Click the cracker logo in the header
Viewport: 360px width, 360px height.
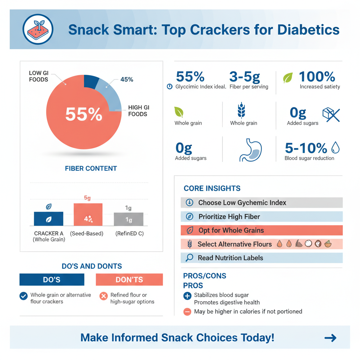click(38, 29)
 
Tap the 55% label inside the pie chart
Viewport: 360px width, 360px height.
click(84, 114)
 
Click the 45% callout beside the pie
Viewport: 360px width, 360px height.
click(127, 79)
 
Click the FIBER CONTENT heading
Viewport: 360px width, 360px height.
click(91, 168)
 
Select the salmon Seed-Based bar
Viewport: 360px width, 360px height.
click(88, 214)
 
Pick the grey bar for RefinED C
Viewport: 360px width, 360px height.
click(128, 219)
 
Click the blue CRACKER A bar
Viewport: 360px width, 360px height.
click(49, 219)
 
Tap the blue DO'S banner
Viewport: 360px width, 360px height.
click(52, 280)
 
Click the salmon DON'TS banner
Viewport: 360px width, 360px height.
click(129, 280)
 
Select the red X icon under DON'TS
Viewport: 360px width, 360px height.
click(103, 296)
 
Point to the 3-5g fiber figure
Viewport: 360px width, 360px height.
click(245, 77)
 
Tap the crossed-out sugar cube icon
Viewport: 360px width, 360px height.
click(331, 115)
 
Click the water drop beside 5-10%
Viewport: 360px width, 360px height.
click(336, 148)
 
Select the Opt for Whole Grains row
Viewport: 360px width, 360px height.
click(262, 230)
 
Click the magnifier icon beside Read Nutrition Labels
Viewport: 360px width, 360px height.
click(189, 258)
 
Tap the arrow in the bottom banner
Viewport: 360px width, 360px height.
click(330, 338)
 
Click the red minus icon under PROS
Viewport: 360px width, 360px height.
click(187, 311)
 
